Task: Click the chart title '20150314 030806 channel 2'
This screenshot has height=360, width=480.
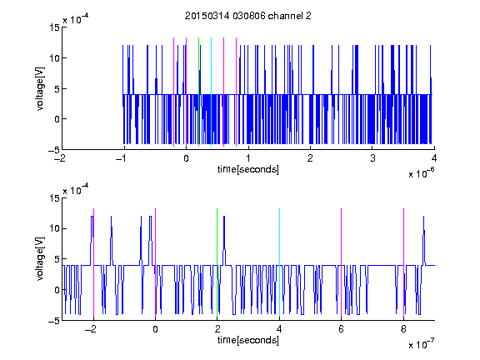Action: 248,16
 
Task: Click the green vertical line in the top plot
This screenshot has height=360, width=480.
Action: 198,92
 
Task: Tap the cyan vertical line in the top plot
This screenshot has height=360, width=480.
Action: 211,92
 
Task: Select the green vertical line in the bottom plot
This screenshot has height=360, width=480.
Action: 217,262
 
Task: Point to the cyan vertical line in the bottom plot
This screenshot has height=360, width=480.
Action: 279,262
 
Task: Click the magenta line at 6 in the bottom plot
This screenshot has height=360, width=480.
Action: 342,262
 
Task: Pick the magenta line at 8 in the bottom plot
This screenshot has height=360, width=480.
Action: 404,262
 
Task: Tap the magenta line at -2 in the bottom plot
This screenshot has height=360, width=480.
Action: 93,262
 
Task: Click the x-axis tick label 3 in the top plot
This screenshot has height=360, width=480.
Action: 372,158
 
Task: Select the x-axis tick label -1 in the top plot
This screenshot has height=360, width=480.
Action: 122,158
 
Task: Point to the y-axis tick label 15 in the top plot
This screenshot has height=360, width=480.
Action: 54,27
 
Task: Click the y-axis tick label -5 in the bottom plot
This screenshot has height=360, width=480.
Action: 54,321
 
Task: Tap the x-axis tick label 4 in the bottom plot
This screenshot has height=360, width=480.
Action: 279,329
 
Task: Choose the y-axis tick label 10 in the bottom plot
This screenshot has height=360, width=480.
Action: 54,228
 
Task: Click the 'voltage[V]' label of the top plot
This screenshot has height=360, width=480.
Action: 40,88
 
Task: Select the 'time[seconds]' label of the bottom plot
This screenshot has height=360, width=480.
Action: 248,340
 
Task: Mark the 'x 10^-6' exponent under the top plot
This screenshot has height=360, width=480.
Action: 421,173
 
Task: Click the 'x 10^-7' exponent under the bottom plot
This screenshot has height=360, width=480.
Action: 421,344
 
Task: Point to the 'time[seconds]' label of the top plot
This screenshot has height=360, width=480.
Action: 248,169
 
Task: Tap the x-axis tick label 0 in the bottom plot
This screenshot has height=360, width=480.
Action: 156,329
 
